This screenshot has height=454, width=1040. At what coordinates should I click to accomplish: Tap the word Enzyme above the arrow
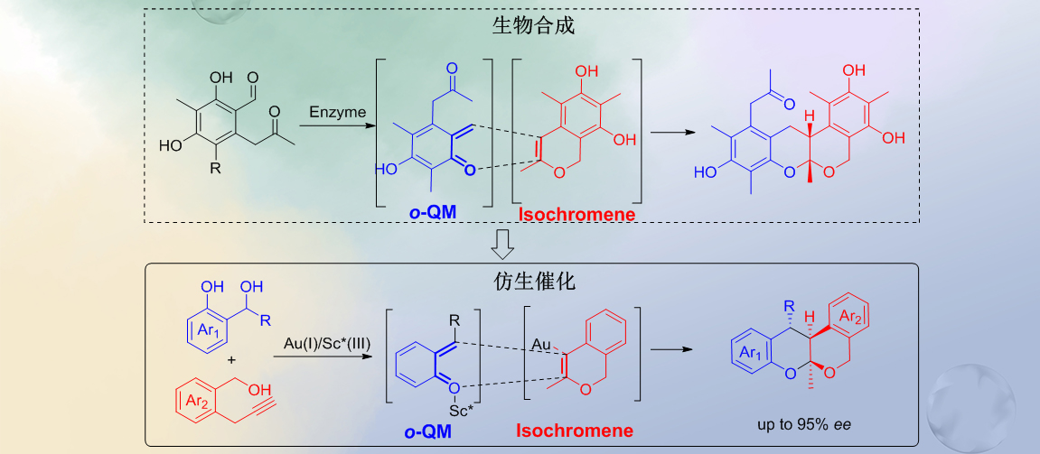[x=338, y=113]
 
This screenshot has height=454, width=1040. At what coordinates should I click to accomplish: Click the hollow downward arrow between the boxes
[x=503, y=242]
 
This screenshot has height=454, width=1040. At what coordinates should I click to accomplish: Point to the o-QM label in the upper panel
[x=433, y=213]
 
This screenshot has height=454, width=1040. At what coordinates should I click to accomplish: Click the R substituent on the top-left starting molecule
[x=214, y=168]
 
